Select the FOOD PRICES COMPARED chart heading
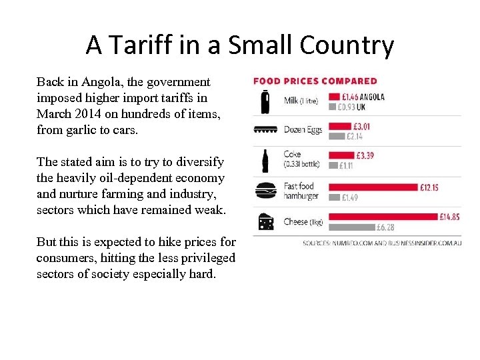tap(315, 81)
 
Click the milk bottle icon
tap(265, 101)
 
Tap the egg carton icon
tap(265, 130)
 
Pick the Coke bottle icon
tap(265, 161)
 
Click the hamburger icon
tap(265, 191)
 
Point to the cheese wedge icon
tap(265, 221)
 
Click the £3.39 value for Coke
tap(364, 156)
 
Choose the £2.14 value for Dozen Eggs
tap(354, 136)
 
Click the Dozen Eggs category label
tap(303, 129)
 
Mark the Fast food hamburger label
tap(301, 191)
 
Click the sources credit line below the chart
tap(382, 243)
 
